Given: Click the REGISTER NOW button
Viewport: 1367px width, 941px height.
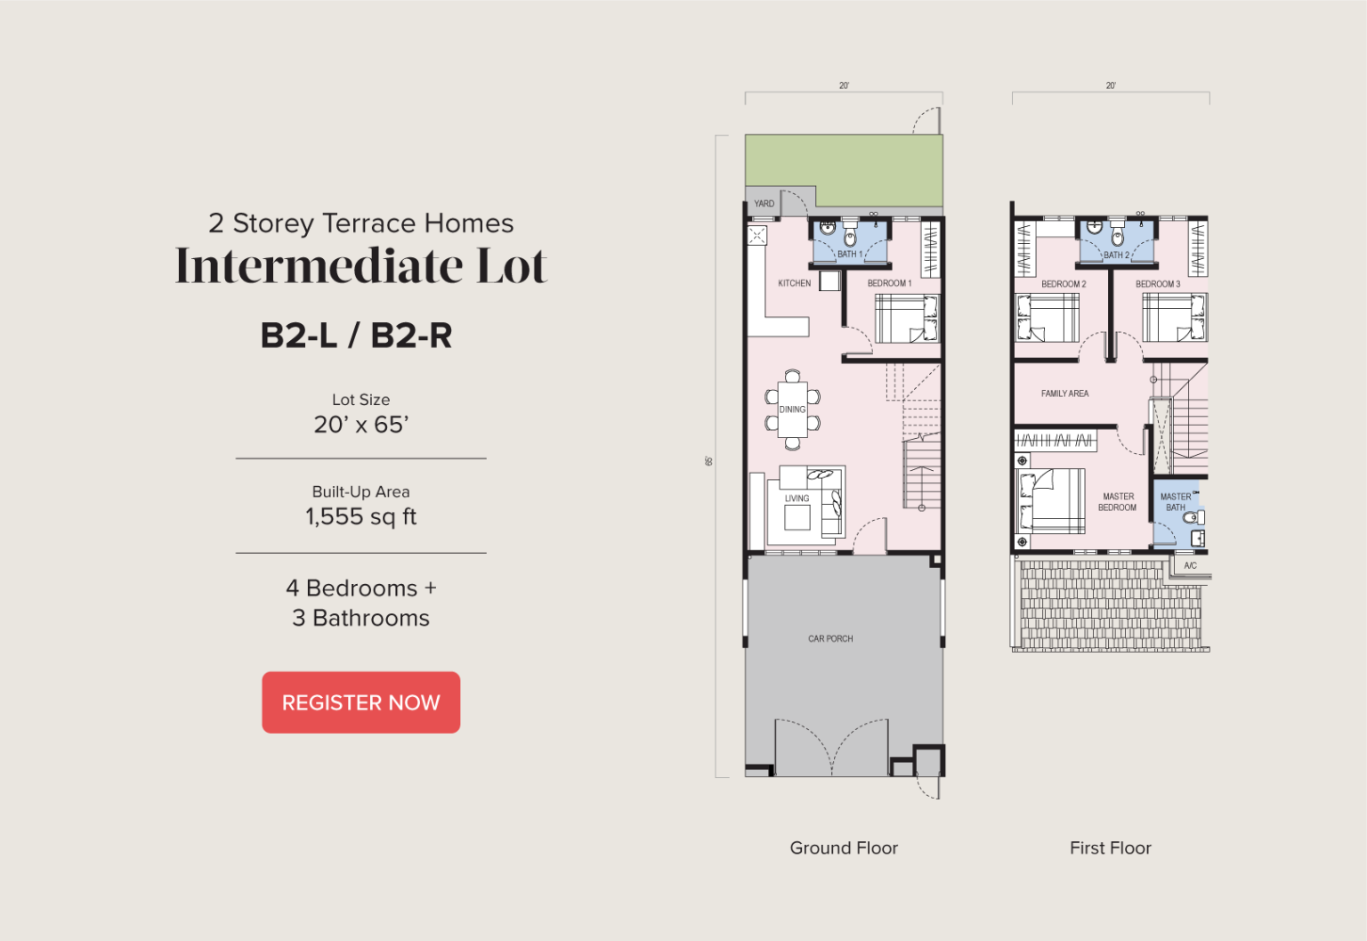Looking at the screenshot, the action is tap(360, 702).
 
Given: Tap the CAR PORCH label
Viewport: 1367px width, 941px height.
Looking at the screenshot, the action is tap(830, 638).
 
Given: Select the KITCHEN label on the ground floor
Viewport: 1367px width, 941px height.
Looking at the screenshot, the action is tap(794, 283).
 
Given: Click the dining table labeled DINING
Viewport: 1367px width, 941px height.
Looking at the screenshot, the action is tap(792, 410).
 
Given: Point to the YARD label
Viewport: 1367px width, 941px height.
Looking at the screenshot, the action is tap(764, 203).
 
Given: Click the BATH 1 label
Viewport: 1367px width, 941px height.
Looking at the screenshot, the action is tap(850, 254).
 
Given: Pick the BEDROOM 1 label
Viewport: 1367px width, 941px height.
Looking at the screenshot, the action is tap(889, 283).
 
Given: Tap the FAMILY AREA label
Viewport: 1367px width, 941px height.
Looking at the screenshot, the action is tap(1065, 393).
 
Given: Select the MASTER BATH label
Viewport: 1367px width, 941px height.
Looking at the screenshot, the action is tap(1176, 502).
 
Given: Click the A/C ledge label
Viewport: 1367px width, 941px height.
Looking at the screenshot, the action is tap(1190, 565).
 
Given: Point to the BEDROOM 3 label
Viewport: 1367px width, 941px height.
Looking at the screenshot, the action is tap(1158, 284).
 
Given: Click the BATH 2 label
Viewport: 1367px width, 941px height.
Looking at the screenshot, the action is tap(1116, 255).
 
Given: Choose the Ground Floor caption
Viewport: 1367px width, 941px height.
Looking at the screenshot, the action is tap(844, 848).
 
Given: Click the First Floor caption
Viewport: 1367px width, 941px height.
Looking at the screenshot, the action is tap(1110, 848).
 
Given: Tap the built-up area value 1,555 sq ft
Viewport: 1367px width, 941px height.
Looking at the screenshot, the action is tap(360, 516).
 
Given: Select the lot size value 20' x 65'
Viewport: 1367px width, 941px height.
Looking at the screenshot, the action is tap(360, 425).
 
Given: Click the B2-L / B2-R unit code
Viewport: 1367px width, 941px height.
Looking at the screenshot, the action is tap(356, 336).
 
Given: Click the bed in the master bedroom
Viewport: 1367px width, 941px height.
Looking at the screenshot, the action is tap(1049, 500).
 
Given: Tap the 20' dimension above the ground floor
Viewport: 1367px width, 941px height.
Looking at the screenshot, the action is tap(844, 85).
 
